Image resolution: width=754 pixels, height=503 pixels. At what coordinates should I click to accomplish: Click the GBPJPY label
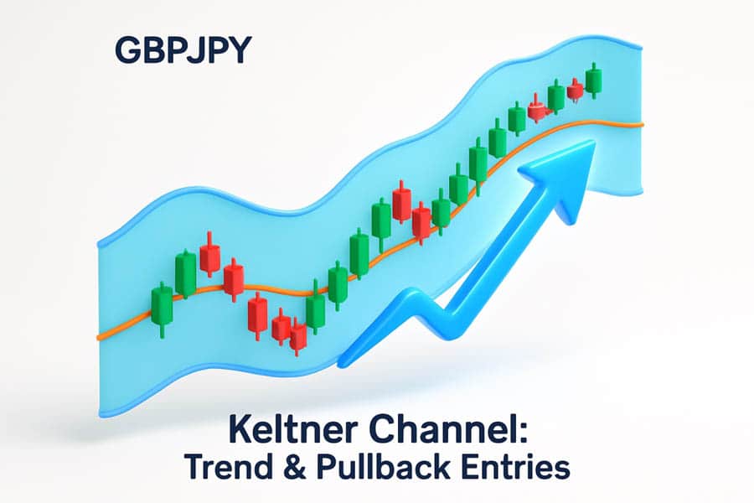coord(183,49)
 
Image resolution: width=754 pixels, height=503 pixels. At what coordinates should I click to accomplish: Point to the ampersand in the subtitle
coord(295,466)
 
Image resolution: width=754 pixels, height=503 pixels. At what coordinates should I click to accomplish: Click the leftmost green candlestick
coord(162,309)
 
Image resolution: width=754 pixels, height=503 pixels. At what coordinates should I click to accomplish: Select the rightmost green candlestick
coord(593,80)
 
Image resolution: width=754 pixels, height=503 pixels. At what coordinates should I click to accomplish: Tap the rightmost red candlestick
coord(575,90)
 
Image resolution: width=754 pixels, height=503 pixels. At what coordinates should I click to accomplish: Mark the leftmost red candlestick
coord(209,256)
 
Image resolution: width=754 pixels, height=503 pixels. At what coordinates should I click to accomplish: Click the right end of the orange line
coord(643,126)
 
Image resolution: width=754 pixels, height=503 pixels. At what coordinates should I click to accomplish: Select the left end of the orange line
coord(99,337)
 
